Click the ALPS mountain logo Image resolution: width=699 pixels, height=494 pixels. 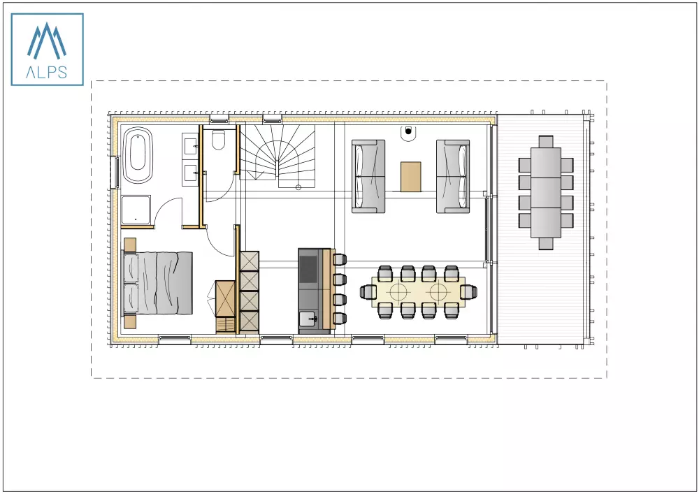47,49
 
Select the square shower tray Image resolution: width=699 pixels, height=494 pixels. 137,210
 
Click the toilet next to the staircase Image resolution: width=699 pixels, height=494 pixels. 219,140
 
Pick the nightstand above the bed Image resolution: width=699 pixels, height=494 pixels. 129,244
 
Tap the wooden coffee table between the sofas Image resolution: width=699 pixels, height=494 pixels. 411,176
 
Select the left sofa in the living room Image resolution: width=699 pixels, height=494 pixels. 369,175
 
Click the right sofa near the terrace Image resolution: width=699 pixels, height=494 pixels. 452,175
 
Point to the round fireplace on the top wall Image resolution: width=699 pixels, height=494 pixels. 408,131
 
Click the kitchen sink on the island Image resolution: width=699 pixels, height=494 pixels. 308,319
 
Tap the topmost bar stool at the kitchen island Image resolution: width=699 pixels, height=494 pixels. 340,260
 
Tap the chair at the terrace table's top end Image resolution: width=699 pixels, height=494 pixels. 547,142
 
